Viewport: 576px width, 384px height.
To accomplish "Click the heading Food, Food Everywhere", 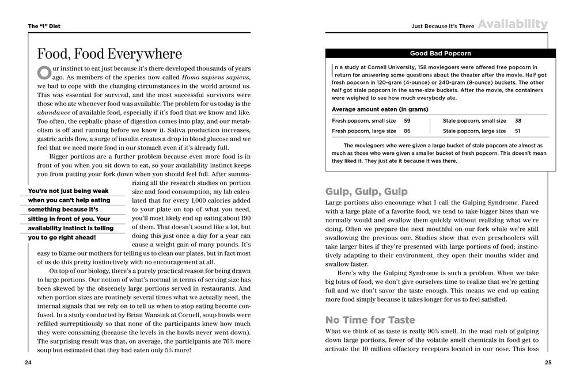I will (109, 54).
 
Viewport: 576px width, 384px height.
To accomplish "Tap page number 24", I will (28, 362).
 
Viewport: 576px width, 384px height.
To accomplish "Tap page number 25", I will (548, 362).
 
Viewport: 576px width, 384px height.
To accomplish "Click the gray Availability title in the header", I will (512, 24).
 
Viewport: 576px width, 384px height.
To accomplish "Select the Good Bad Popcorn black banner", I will (440, 54).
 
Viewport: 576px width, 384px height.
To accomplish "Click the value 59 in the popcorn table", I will (407, 121).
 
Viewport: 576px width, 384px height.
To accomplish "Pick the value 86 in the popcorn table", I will (407, 131).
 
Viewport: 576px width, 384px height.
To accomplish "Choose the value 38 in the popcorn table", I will (518, 121).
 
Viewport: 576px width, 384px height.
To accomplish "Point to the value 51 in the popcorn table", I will (518, 131).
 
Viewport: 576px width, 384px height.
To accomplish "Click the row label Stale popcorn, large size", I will (474, 131).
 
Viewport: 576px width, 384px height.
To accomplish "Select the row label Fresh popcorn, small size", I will (363, 121).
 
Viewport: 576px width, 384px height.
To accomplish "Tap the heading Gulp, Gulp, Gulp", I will (366, 191).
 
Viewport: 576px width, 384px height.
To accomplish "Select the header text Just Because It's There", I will (442, 26).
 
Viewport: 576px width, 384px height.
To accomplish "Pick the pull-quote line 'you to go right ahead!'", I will (62, 237).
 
